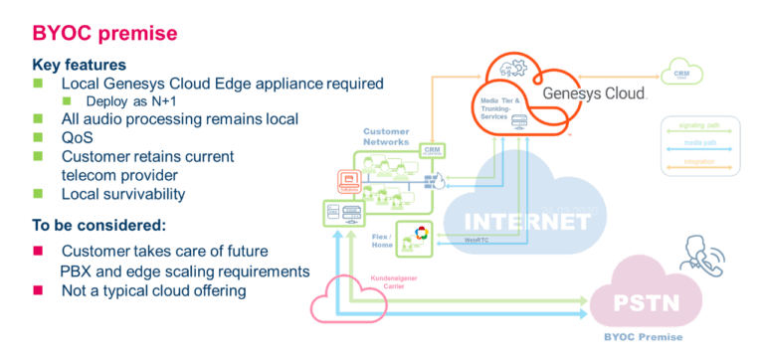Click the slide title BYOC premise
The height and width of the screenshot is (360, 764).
(104, 34)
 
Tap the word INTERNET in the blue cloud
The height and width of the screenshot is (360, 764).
(520, 220)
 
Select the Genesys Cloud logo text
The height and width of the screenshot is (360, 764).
(596, 93)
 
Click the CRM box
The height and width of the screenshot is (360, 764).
(432, 148)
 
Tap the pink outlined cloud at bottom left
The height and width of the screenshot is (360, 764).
(343, 295)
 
